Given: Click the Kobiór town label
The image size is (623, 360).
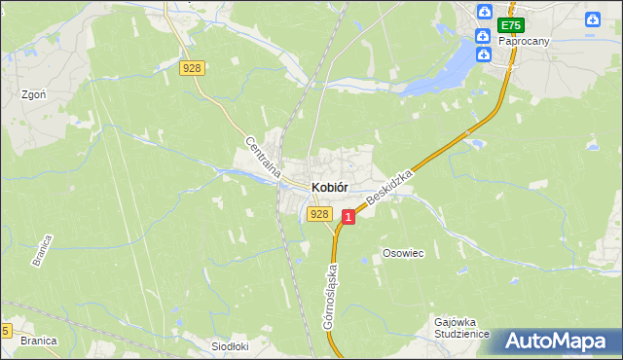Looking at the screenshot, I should coord(330,187).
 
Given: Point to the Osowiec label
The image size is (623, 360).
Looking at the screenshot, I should coord(403,253).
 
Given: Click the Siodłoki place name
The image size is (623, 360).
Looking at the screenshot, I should coord(232,345).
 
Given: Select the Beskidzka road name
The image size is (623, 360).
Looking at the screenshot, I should coord(391,186).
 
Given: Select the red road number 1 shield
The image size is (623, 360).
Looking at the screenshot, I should coord(348,221).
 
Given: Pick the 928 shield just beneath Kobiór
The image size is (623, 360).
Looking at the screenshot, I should coord(318,214).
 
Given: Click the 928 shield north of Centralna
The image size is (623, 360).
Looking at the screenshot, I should coord(192,67).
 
